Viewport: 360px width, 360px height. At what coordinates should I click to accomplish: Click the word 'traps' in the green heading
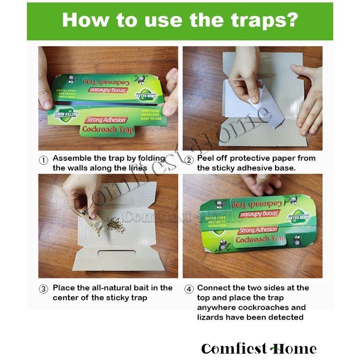coord(260,21)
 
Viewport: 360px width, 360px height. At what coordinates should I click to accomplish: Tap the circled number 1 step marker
coord(44,159)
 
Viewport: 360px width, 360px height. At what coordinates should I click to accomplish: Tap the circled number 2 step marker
coord(189,159)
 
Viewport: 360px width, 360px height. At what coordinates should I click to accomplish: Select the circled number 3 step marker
coord(44,289)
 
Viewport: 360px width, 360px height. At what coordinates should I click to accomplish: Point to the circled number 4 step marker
coord(189,289)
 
